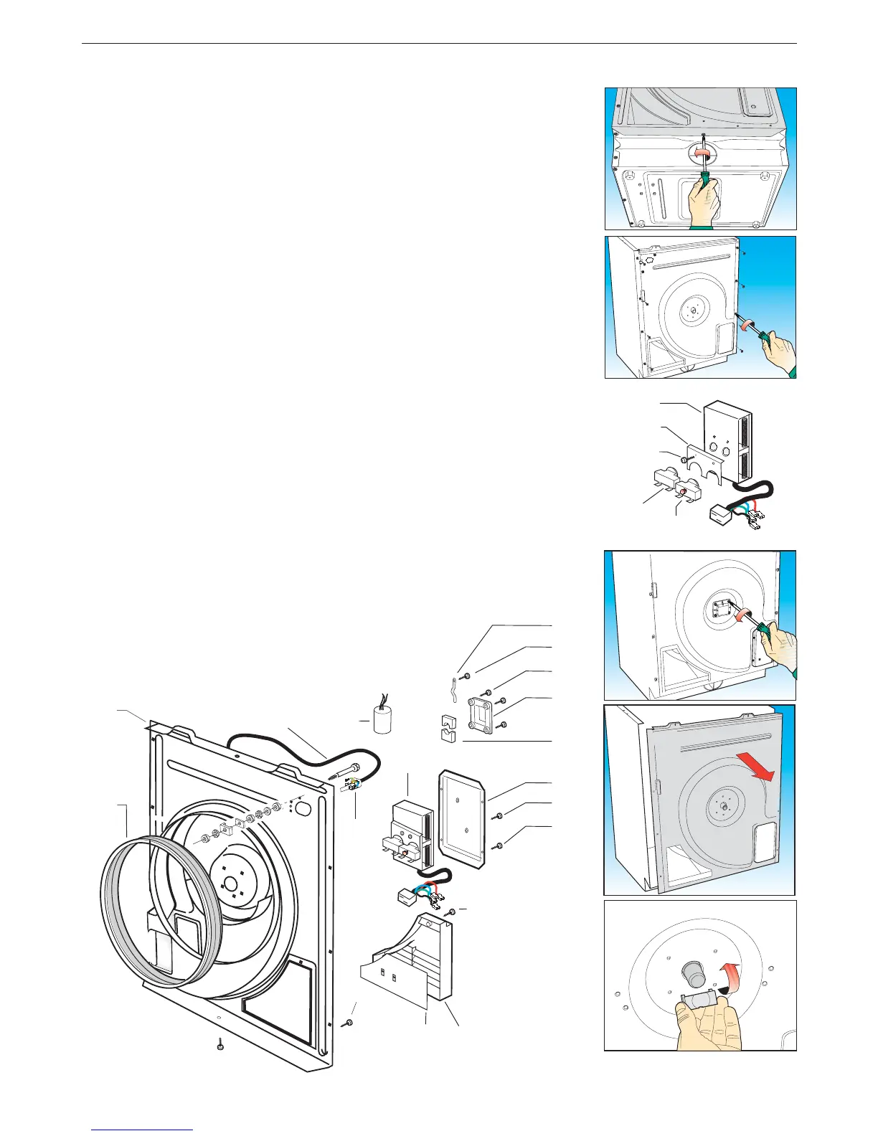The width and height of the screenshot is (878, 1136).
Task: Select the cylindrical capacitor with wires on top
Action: (x=382, y=719)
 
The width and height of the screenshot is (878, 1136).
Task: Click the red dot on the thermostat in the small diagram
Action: (x=684, y=492)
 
